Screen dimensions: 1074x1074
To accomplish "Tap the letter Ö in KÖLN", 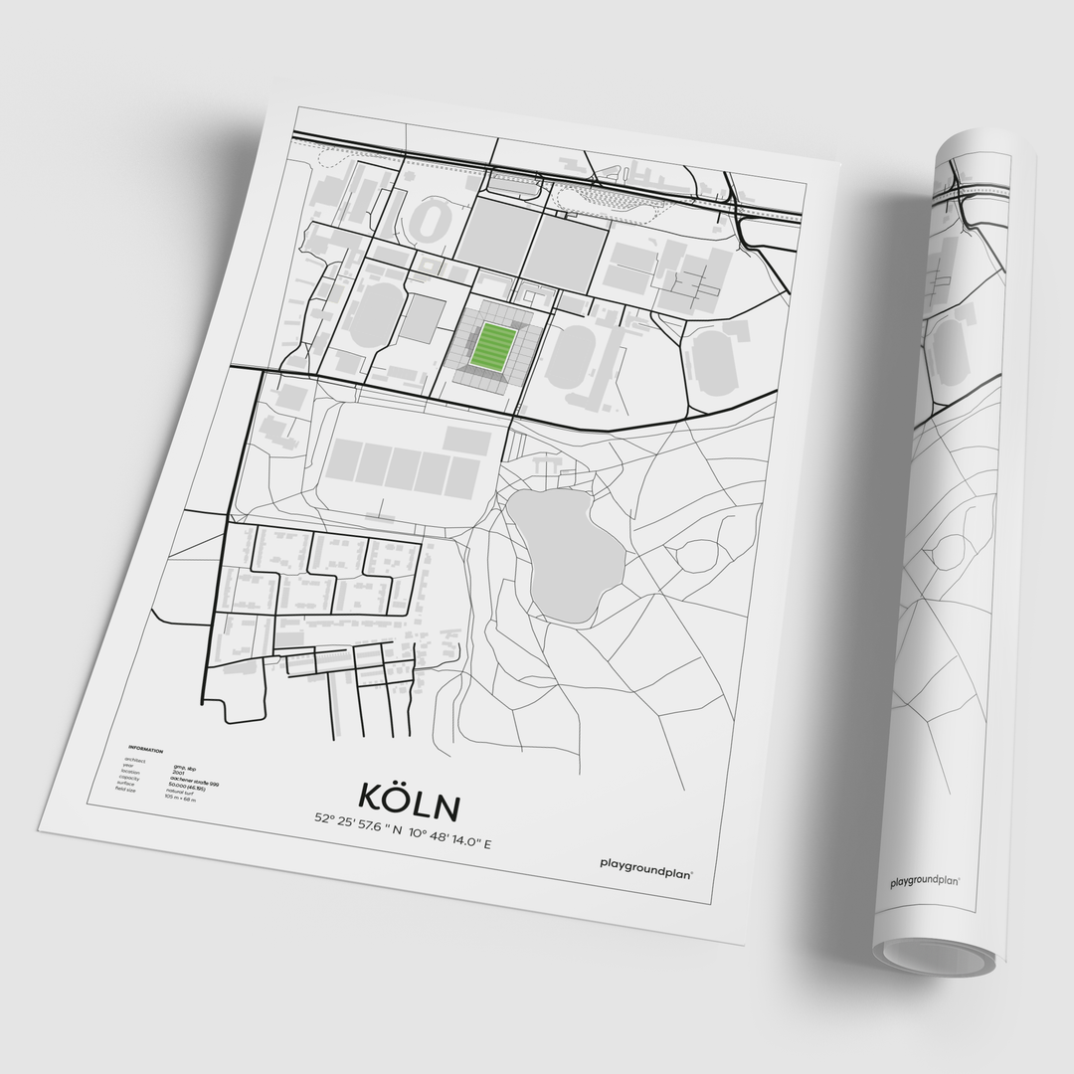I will (x=396, y=796).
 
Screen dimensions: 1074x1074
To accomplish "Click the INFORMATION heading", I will (x=145, y=751).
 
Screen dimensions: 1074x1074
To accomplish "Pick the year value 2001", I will (x=178, y=772).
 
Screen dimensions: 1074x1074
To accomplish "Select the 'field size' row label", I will (x=125, y=789).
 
